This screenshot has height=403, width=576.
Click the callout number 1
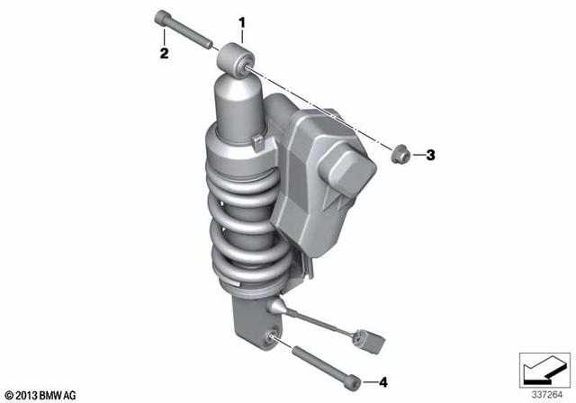click(x=241, y=21)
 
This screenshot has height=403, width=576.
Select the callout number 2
click(x=164, y=54)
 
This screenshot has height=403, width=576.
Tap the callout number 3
click(x=430, y=156)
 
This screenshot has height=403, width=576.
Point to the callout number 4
click(x=382, y=381)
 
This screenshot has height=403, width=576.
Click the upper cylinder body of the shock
click(x=237, y=108)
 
